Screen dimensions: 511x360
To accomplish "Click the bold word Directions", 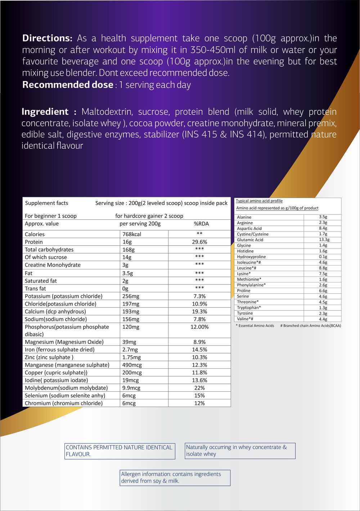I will (47, 38).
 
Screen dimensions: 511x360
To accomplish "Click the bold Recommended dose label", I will (68, 85).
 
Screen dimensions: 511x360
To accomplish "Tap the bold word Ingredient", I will (45, 112).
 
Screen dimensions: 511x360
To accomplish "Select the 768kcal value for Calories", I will (132, 234).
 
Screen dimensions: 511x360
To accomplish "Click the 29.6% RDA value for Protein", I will (199, 242).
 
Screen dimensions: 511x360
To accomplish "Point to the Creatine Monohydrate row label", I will (53, 265).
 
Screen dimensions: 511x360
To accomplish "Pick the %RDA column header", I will (201, 224).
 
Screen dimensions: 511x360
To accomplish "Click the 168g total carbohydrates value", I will (129, 250).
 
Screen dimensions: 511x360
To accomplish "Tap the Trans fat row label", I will (35, 288).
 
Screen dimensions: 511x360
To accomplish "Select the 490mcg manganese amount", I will (132, 365).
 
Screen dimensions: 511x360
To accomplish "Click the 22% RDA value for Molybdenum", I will (199, 388).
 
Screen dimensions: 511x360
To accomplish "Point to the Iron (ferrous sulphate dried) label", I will (60, 350).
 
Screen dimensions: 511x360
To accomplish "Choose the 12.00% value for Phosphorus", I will (199, 327).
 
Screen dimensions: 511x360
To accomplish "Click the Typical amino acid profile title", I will (259, 201).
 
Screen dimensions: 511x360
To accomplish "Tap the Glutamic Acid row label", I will (250, 240).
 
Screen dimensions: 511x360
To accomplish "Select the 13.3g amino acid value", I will (324, 239).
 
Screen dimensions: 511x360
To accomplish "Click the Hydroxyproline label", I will (251, 257).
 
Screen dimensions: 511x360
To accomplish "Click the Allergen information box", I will (175, 478).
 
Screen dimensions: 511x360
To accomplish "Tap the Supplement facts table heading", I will (46, 203).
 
